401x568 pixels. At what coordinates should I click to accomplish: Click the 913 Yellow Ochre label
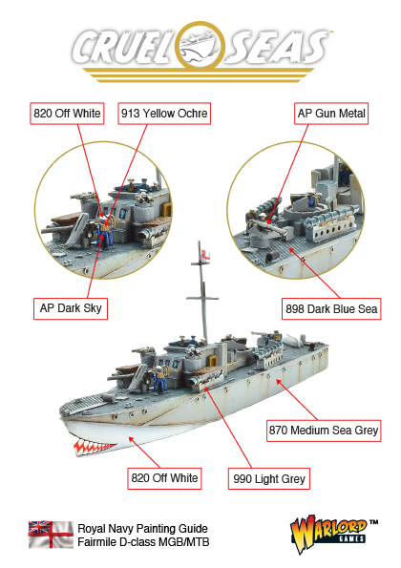[164, 114]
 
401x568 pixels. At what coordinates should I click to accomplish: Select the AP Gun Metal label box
[331, 114]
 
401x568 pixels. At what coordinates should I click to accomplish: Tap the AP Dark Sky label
[71, 308]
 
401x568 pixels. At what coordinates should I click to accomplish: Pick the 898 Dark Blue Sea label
[331, 309]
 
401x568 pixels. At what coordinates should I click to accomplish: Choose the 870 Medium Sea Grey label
[324, 431]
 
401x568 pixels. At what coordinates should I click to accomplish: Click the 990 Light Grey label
[269, 479]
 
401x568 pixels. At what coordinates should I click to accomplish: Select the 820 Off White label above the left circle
[67, 114]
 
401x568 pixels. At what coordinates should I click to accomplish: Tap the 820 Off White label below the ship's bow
[164, 478]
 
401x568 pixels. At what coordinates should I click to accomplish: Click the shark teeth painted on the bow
[94, 448]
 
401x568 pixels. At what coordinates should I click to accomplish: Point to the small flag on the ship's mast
[206, 255]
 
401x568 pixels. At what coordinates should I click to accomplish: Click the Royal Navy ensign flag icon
[51, 535]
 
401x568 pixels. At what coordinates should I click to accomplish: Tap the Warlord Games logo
[332, 534]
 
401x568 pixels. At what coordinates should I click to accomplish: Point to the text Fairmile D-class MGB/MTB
[143, 542]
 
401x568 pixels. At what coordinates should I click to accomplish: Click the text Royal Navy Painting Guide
[142, 529]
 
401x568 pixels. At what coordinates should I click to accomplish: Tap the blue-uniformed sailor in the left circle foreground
[105, 234]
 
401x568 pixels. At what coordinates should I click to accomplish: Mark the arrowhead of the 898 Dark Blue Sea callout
[291, 250]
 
